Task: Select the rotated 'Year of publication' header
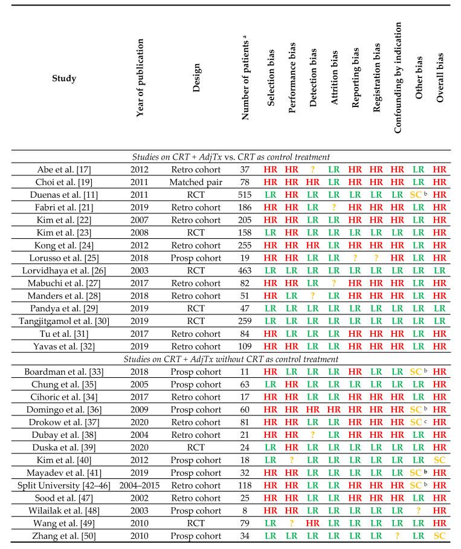pyautogui.click(x=140, y=79)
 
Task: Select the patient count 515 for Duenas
pyautogui.click(x=245, y=195)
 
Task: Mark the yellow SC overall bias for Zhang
pyautogui.click(x=440, y=537)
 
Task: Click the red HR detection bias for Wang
pyautogui.click(x=313, y=525)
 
